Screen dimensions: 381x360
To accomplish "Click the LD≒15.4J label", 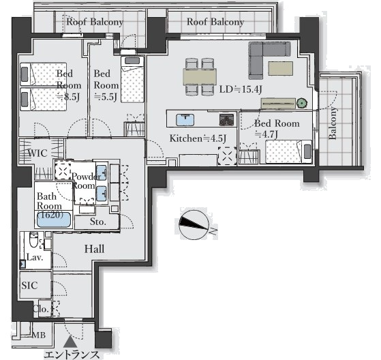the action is (241, 89).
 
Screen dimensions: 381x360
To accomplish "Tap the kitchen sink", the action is (185, 119).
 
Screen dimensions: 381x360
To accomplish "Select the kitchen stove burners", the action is (227, 120).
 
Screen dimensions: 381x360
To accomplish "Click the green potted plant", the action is (302, 104).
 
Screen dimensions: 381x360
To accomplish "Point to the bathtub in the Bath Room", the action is (54, 220).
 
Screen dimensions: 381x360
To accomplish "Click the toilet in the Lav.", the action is (34, 239).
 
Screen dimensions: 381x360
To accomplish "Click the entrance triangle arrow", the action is (70, 342).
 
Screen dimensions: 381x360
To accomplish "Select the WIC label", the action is (37, 153).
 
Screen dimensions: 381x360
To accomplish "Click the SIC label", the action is (29, 285).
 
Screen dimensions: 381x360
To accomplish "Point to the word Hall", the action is (94, 249).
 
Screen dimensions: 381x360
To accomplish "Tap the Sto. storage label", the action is (97, 222).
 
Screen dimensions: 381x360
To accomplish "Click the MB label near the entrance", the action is (39, 335).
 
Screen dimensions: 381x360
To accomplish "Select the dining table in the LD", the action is (200, 76).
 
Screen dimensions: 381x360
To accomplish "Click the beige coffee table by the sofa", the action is (280, 68).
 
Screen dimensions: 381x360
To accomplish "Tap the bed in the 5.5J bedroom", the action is (132, 80).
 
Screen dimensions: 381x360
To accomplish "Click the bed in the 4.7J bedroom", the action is (289, 151).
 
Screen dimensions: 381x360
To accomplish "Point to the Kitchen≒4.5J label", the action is (198, 138).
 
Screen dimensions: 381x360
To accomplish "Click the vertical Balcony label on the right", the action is (333, 123).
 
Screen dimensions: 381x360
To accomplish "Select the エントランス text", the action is (72, 355).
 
